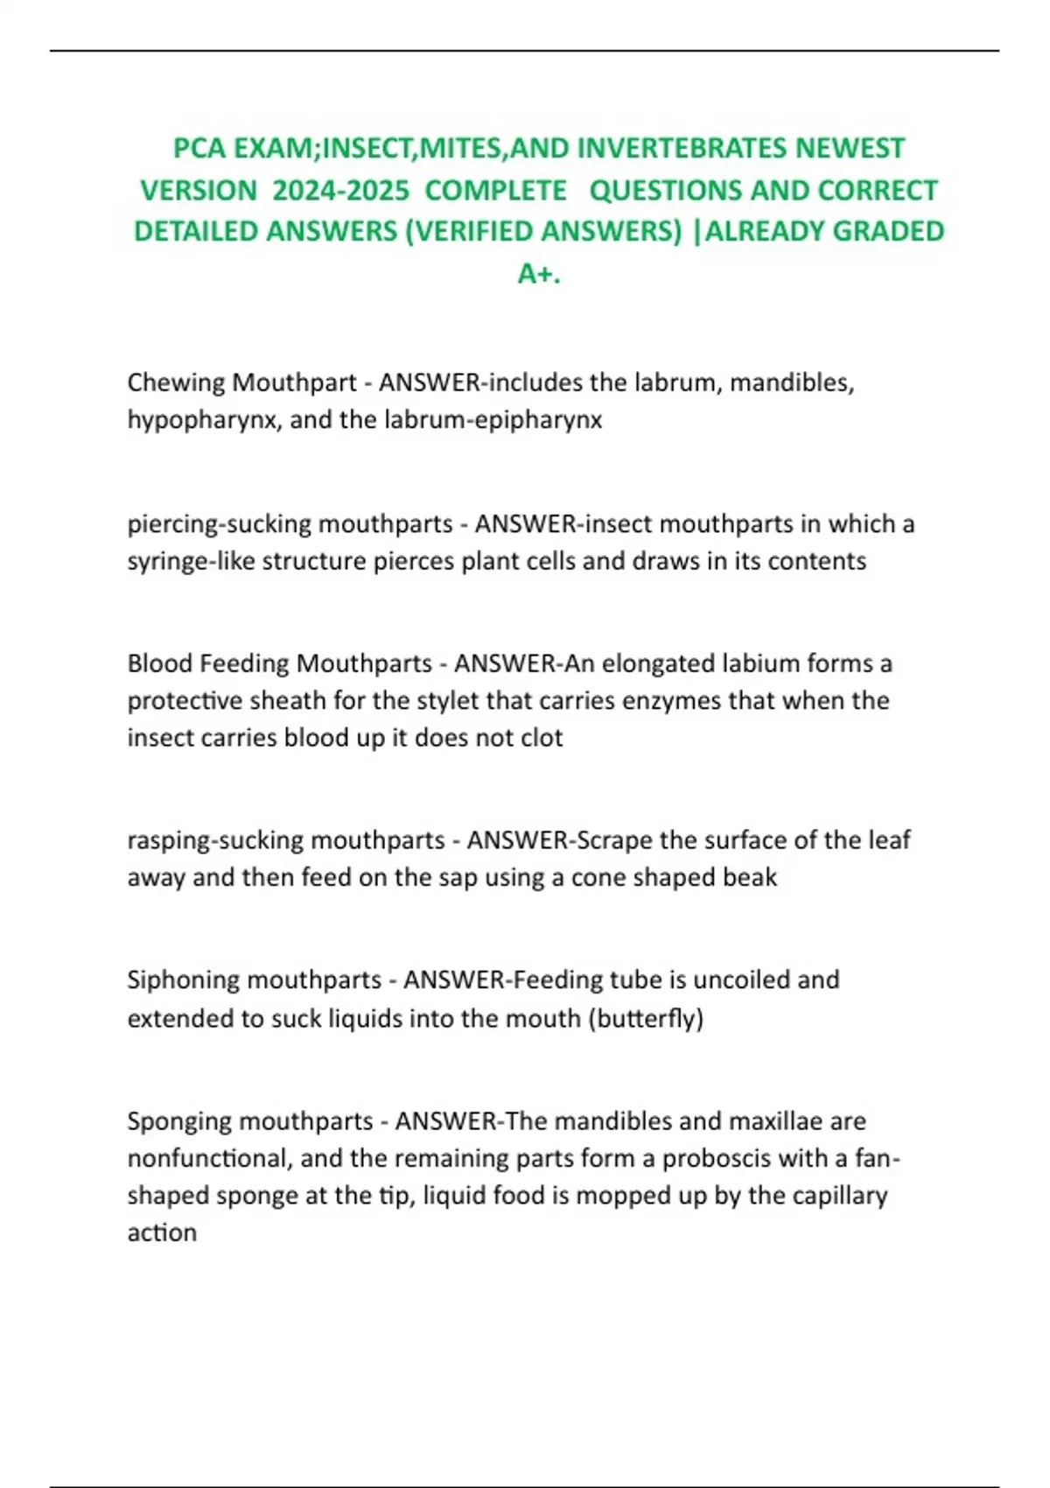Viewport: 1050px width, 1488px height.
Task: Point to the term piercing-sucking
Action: [x=219, y=523]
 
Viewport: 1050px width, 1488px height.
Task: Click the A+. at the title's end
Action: [x=539, y=274]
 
